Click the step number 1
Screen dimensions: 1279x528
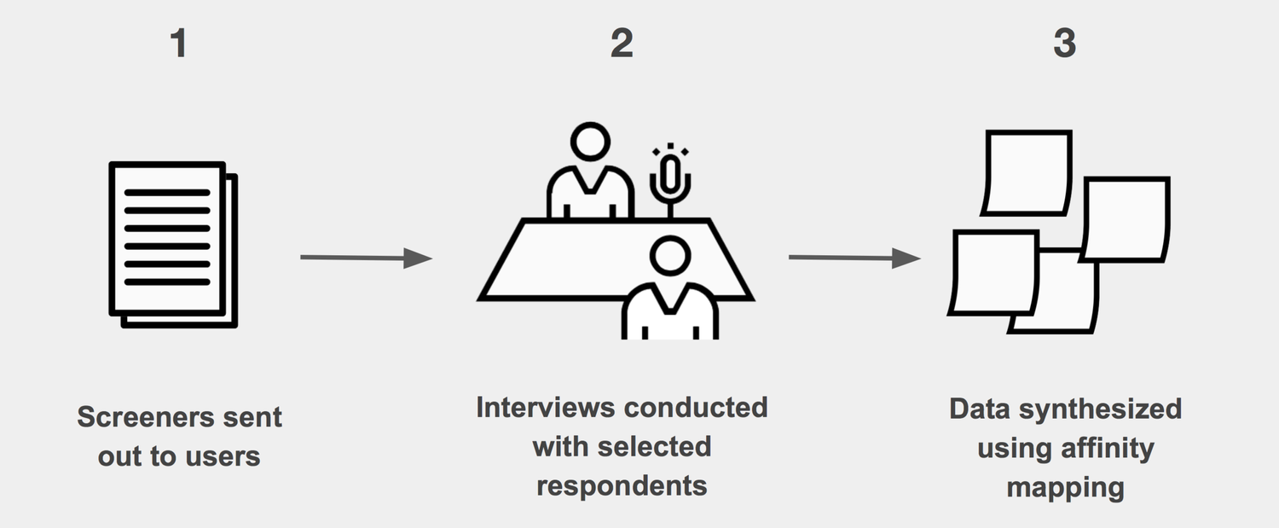point(178,44)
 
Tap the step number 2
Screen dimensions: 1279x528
point(622,44)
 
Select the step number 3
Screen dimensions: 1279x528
point(1064,44)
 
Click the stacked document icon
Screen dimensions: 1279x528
point(172,244)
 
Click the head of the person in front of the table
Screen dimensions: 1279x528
point(669,257)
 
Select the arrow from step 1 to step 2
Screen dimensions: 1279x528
point(366,258)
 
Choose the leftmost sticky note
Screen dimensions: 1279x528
point(994,272)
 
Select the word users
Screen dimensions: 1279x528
point(224,456)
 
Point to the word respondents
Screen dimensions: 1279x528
point(622,485)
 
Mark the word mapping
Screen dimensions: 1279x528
point(1065,488)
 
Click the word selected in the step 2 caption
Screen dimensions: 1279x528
point(657,446)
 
